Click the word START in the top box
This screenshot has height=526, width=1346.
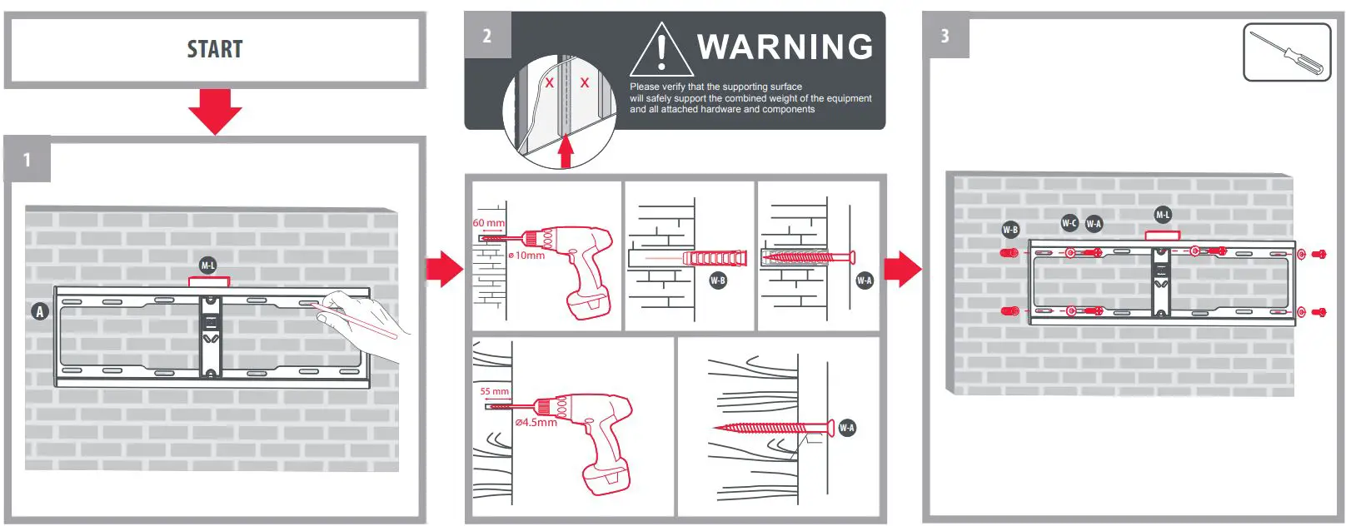point(215,49)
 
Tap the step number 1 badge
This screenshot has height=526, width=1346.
point(27,159)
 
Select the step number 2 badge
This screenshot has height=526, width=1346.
point(487,36)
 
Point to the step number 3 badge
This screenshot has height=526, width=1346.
point(946,36)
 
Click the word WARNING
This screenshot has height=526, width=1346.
point(785,47)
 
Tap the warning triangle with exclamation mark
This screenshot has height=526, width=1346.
point(661,50)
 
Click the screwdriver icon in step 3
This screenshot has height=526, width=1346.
point(1287,52)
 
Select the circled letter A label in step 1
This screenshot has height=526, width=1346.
point(40,311)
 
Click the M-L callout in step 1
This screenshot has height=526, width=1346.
point(208,265)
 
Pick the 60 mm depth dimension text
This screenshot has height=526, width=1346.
point(489,223)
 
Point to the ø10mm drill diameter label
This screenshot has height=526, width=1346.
point(526,256)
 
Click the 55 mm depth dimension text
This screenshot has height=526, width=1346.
point(494,391)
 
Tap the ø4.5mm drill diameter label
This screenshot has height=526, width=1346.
point(536,422)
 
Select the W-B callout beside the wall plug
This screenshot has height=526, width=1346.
point(718,280)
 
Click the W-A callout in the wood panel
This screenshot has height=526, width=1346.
point(846,428)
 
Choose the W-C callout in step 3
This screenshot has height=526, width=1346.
point(1069,223)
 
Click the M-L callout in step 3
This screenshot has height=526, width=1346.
point(1163,215)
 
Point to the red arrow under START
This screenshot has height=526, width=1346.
point(215,112)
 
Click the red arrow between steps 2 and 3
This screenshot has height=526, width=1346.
point(903,269)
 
